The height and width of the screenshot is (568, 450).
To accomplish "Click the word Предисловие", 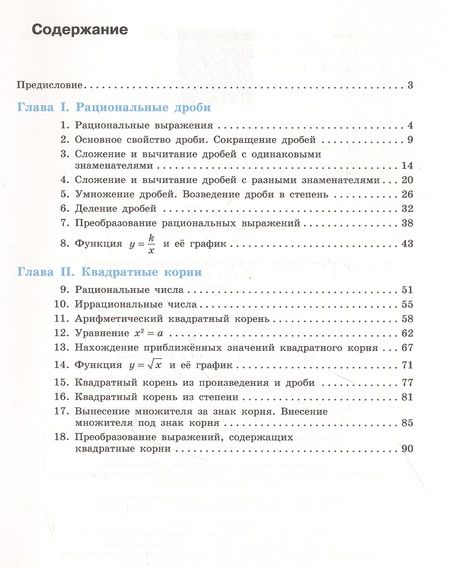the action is pyautogui.click(x=52, y=87).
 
